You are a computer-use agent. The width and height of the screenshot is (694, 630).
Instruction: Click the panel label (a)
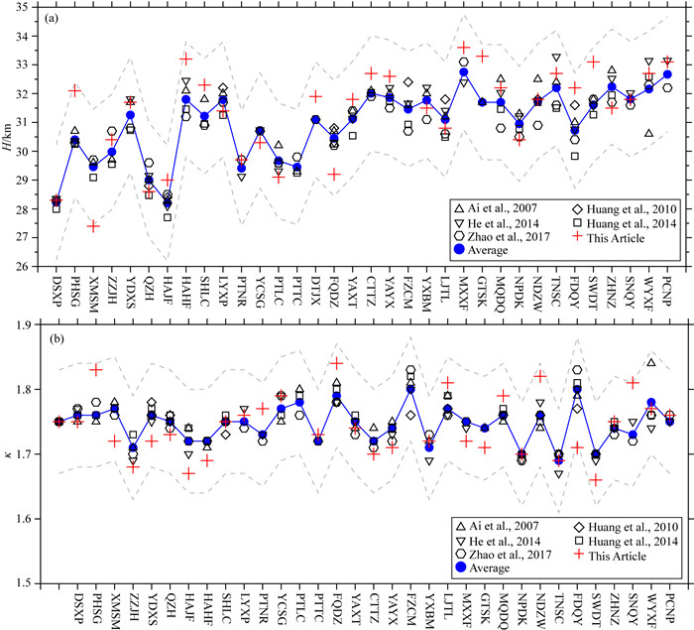[x=61, y=19]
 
